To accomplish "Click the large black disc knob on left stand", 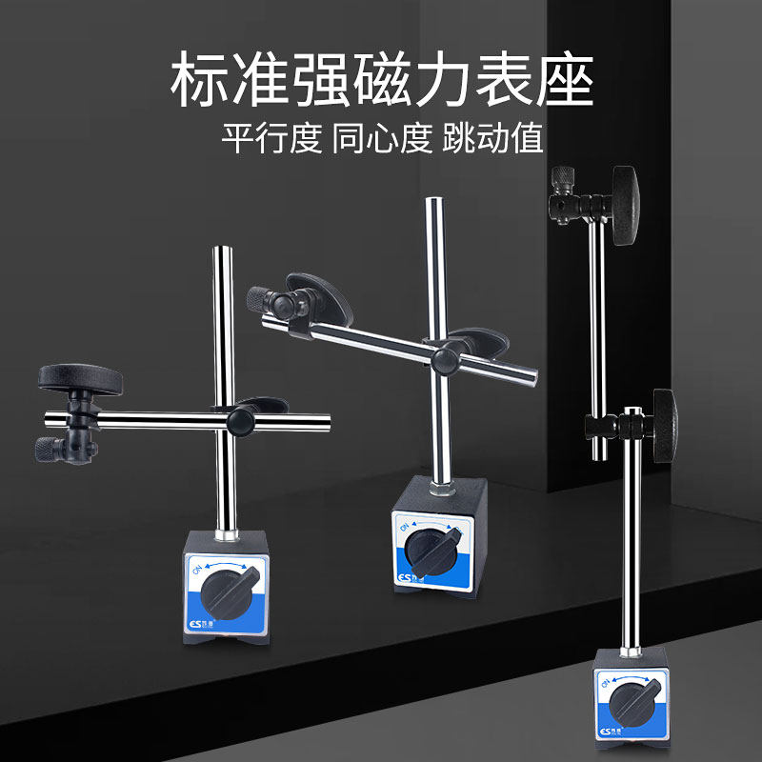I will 81,378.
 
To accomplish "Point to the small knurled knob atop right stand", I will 561,179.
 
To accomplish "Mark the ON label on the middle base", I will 406,527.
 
